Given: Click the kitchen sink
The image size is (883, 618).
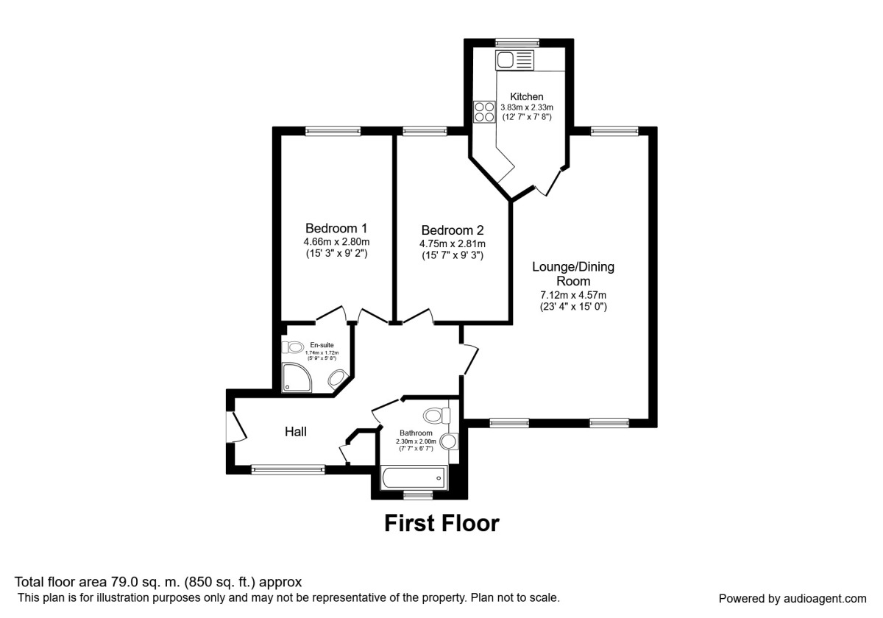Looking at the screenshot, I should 515,60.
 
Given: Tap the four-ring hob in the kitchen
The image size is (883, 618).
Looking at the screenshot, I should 484,111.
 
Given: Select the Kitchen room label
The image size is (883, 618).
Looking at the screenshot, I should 527,96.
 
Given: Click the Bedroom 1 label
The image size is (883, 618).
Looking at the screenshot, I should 336,228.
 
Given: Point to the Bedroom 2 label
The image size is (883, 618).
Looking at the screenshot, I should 452,230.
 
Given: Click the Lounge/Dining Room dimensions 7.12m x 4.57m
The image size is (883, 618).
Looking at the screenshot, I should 573,295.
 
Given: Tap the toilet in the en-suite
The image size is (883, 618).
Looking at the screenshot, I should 294,347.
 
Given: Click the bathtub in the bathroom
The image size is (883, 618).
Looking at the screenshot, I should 413,478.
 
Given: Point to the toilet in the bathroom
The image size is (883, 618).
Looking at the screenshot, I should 437,416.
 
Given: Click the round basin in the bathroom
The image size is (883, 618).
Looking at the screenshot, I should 448,441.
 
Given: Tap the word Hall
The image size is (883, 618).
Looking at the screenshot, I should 296,432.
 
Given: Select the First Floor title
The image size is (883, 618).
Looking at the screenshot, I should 441,524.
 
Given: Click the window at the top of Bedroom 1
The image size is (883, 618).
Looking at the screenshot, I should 333,131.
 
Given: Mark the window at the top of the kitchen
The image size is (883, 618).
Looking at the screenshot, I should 517,42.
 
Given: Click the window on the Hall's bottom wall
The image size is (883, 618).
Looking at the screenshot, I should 288,469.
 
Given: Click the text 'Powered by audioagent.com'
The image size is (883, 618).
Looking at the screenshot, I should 792,598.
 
